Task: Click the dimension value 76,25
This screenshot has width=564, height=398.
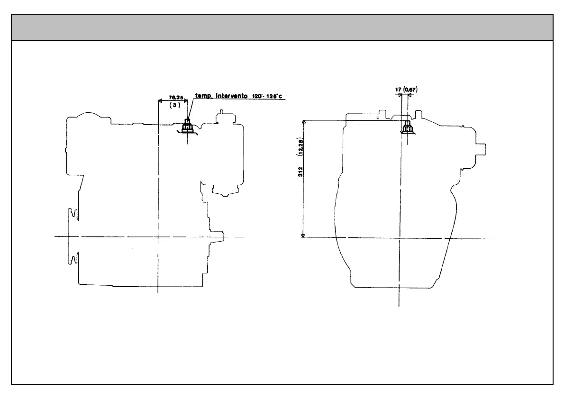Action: coord(175,97)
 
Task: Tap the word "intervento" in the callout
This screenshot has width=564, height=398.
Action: coord(231,96)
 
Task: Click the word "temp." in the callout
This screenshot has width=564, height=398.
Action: coord(204,96)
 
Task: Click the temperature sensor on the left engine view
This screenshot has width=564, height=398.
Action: coord(187,127)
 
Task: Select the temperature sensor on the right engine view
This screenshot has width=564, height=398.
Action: coord(406,127)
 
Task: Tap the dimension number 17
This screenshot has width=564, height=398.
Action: coord(398,89)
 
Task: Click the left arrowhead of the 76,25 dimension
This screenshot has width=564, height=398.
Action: coord(160,100)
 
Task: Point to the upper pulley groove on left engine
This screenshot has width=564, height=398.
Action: coord(73,214)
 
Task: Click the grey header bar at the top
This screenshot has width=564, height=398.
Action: coord(282,27)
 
